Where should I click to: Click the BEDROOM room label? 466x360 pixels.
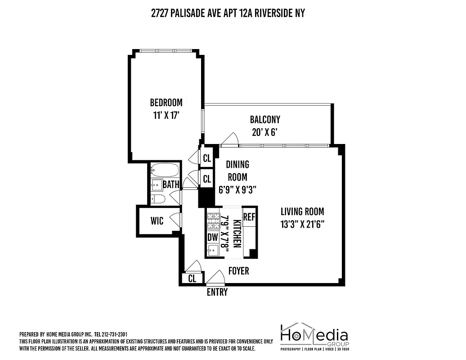pyautogui.click(x=166, y=102)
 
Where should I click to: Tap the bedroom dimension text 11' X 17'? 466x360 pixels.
pyautogui.click(x=166, y=115)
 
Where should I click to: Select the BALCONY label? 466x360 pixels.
pyautogui.click(x=265, y=119)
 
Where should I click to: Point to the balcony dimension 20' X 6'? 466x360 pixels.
pyautogui.click(x=265, y=133)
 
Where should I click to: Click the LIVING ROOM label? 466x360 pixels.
pyautogui.click(x=302, y=211)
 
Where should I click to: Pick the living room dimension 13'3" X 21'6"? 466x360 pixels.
pyautogui.click(x=302, y=224)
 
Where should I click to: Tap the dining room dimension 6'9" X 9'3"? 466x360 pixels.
pyautogui.click(x=237, y=190)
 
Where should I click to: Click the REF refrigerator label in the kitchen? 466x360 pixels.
pyautogui.click(x=249, y=216)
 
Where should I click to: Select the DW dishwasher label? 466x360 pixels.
pyautogui.click(x=212, y=237)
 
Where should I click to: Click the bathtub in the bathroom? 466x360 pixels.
pyautogui.click(x=165, y=170)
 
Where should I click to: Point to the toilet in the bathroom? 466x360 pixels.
pyautogui.click(x=158, y=198)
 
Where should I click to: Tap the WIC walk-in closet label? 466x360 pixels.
pyautogui.click(x=157, y=221)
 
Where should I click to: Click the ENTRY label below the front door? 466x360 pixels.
pyautogui.click(x=217, y=292)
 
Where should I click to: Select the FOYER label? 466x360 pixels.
pyautogui.click(x=238, y=271)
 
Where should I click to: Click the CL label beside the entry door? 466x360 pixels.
pyautogui.click(x=192, y=279)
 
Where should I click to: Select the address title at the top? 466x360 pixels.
pyautogui.click(x=228, y=13)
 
